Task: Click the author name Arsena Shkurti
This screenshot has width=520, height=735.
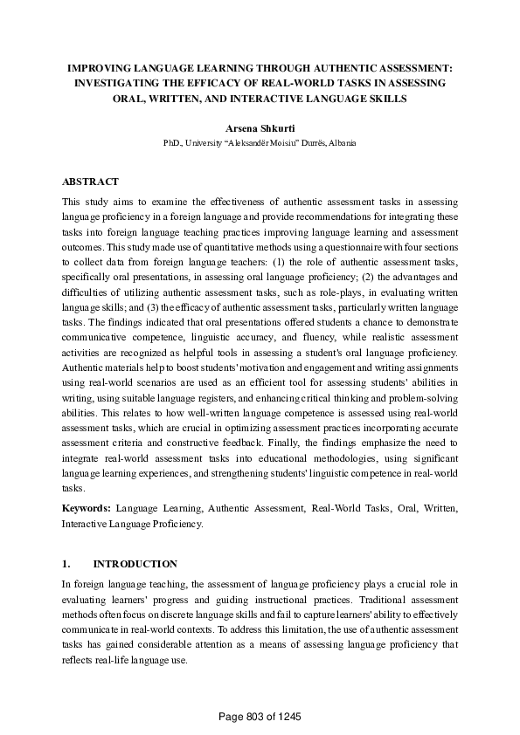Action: click(260, 127)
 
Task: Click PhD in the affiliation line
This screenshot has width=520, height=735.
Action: click(171, 142)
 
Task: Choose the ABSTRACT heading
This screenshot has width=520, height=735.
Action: click(90, 182)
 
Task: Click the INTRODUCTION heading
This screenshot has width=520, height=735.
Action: click(135, 564)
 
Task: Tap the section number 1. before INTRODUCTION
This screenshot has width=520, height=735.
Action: click(66, 564)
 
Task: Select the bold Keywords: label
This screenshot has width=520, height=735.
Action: click(86, 508)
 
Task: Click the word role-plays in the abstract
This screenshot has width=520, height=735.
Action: click(317, 293)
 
